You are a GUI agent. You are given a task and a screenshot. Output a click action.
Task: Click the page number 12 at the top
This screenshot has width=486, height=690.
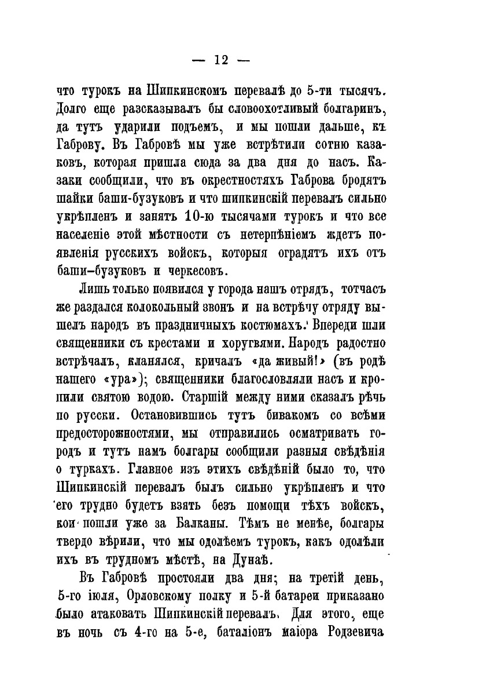tap(222, 59)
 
